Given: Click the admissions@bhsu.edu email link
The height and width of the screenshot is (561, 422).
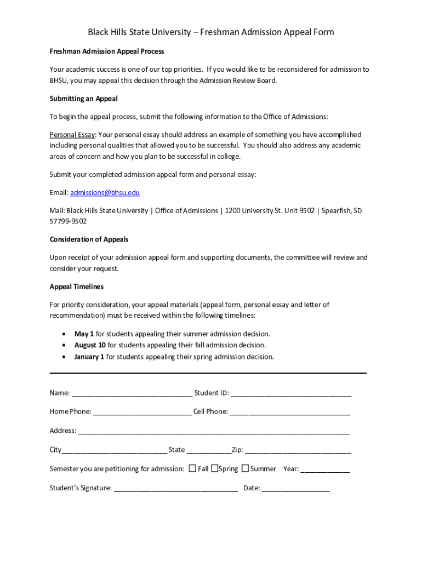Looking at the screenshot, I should pyautogui.click(x=105, y=193).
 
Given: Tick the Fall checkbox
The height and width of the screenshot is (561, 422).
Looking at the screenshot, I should pyautogui.click(x=192, y=468).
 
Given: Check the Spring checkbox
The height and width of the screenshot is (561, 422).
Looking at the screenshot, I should pyautogui.click(x=215, y=468).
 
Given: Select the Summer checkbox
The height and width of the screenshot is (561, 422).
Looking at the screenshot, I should pyautogui.click(x=245, y=468).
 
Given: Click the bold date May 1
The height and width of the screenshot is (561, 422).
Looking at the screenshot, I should pyautogui.click(x=84, y=334).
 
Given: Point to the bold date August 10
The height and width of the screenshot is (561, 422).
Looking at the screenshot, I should pyautogui.click(x=90, y=345).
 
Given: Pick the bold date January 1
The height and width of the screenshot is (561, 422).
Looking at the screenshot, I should pyautogui.click(x=89, y=357).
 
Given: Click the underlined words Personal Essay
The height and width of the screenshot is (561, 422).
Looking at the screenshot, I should pyautogui.click(x=72, y=135).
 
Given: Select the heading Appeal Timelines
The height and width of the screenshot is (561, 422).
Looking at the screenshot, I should pyautogui.click(x=77, y=287).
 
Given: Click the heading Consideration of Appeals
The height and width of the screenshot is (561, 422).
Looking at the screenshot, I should pyautogui.click(x=89, y=239).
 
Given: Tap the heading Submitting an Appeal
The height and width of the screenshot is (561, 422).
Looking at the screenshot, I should pyautogui.click(x=83, y=99).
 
